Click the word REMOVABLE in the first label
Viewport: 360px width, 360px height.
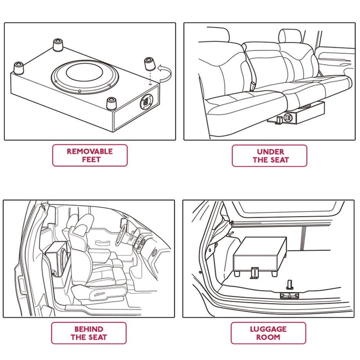click(x=90, y=151)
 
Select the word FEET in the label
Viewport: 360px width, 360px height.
click(x=90, y=160)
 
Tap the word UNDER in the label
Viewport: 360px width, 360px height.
click(x=270, y=151)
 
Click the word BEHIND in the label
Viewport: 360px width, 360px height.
click(x=89, y=329)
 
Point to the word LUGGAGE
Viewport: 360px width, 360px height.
click(x=268, y=329)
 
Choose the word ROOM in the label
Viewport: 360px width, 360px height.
click(x=268, y=337)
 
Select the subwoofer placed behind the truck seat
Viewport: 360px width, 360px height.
click(x=58, y=258)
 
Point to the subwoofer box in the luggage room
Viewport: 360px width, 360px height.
click(x=259, y=254)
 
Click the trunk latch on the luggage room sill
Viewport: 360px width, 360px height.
click(x=290, y=293)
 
